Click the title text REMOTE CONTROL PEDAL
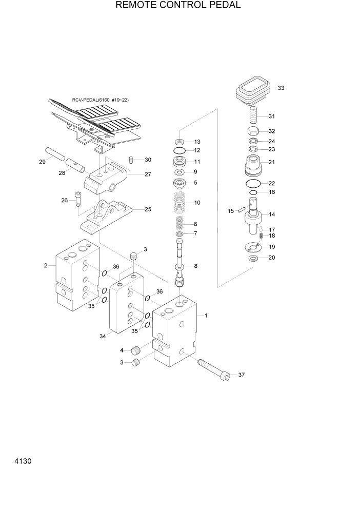(x=179, y=6)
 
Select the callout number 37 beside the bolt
(x=242, y=375)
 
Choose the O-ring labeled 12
(x=179, y=150)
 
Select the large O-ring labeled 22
(x=253, y=183)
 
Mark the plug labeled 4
(x=136, y=351)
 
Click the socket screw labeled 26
(x=78, y=199)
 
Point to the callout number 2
(x=46, y=265)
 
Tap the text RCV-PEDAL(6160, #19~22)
(x=101, y=100)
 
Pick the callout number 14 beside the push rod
(x=272, y=214)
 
